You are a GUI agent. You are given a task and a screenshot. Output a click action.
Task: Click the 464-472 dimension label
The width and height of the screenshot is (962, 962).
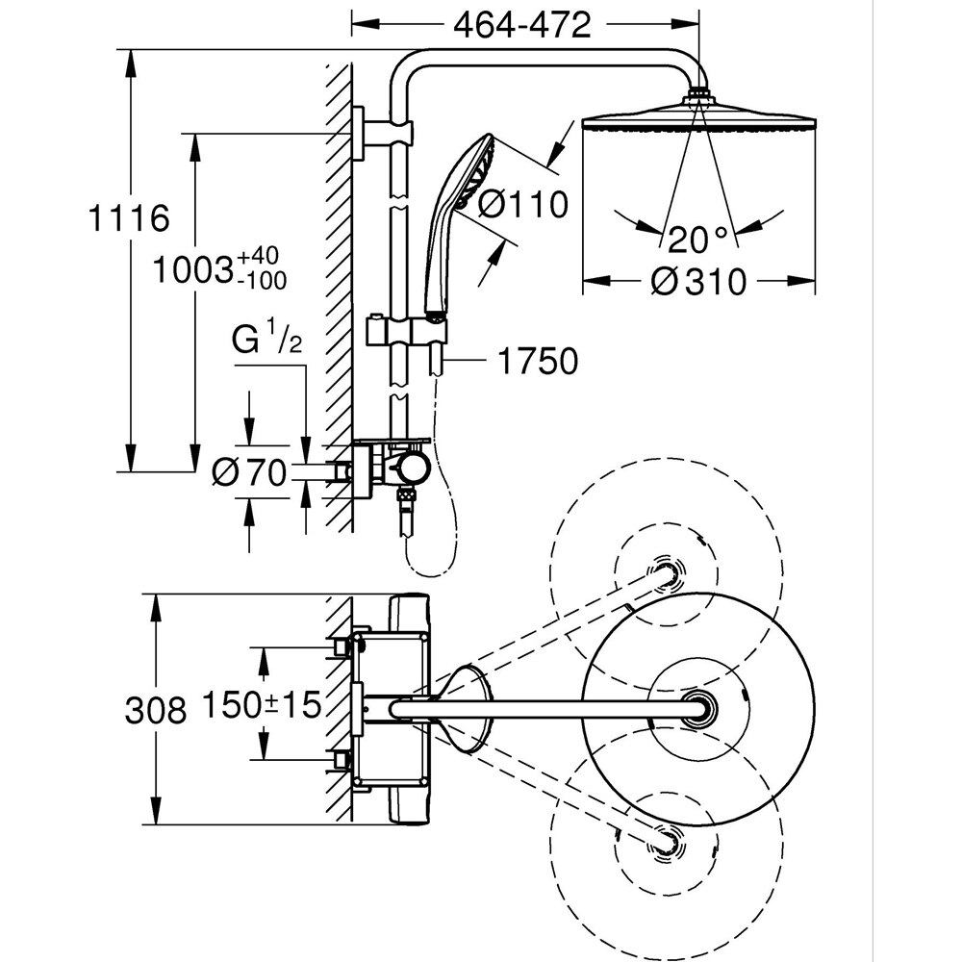pyautogui.click(x=522, y=25)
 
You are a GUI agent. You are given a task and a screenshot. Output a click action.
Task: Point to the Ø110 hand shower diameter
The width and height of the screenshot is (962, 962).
pyautogui.click(x=523, y=204)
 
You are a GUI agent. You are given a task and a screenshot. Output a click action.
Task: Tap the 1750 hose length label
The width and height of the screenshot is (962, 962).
pyautogui.click(x=538, y=362)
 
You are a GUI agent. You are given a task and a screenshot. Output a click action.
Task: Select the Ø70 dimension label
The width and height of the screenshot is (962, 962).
pyautogui.click(x=249, y=472)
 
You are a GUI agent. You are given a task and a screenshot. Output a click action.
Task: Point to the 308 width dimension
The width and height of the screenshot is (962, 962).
pyautogui.click(x=155, y=710)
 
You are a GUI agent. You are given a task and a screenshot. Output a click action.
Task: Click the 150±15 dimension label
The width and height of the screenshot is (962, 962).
pyautogui.click(x=260, y=705)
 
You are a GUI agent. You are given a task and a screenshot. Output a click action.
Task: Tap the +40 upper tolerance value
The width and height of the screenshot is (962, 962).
pyautogui.click(x=257, y=257)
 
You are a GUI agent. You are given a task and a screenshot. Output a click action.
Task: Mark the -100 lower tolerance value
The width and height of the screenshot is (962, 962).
pyautogui.click(x=261, y=280)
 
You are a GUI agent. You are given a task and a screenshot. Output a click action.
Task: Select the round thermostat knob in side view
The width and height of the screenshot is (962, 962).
pyautogui.click(x=415, y=468)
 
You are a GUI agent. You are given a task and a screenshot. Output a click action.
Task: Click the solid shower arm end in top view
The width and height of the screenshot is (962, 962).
pyautogui.click(x=696, y=710)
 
